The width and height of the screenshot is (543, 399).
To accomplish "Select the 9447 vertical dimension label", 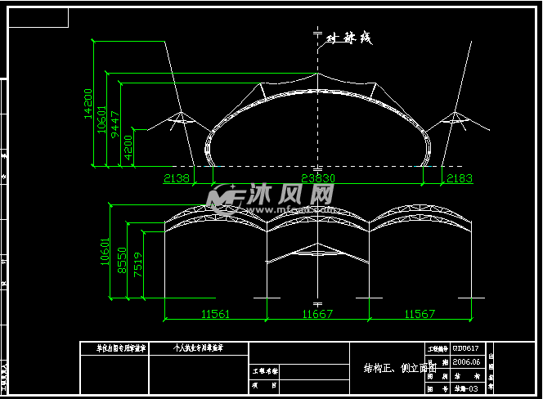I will pyautogui.click(x=116, y=122).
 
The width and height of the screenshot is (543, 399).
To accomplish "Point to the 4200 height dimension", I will pyautogui.click(x=129, y=147).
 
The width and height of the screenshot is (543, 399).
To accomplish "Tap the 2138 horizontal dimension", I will pyautogui.click(x=177, y=177).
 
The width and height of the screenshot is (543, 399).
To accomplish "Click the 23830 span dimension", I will pyautogui.click(x=319, y=177).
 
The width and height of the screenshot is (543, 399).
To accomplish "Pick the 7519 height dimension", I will pyautogui.click(x=137, y=266).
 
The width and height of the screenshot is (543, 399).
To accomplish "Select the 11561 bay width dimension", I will pyautogui.click(x=214, y=314).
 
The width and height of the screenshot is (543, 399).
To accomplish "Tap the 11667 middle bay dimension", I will pyautogui.click(x=317, y=314).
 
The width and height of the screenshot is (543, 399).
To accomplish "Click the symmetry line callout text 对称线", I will pyautogui.click(x=349, y=38).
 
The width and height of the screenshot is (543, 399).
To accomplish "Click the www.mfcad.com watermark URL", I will pyautogui.click(x=301, y=208).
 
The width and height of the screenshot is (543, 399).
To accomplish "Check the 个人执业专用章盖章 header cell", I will pyautogui.click(x=199, y=347).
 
